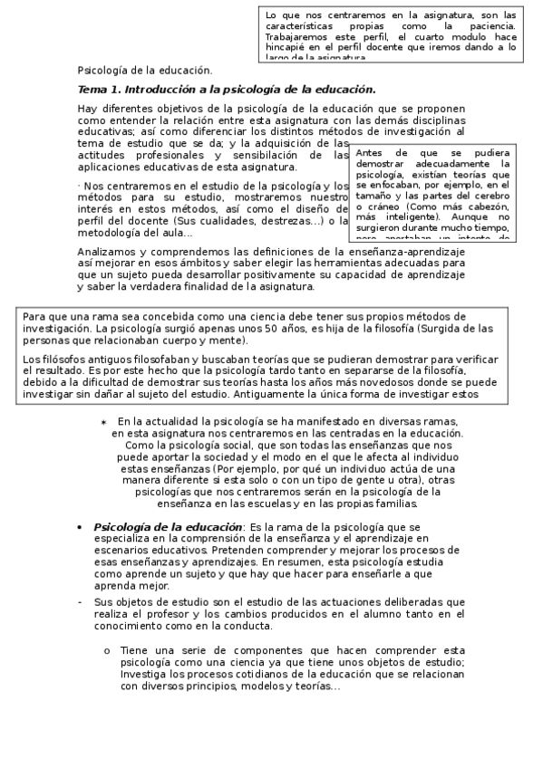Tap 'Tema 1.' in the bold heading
[x=98, y=89]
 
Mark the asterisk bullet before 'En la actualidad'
[x=103, y=423]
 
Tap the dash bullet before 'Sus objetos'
[x=81, y=601]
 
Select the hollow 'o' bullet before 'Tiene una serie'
[x=107, y=649]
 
